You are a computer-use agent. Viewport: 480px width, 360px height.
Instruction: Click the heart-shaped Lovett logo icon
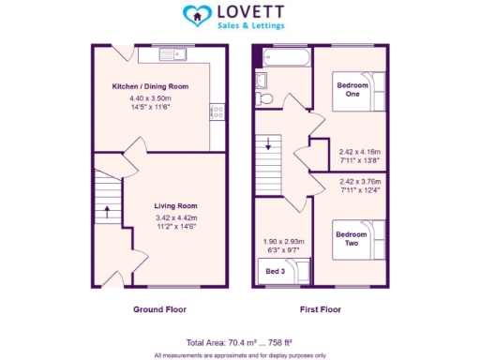pyautogui.click(x=195, y=15)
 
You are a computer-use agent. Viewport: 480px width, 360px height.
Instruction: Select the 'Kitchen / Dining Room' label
pyautogui.click(x=149, y=87)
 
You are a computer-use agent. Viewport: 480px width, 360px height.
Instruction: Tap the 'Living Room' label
pyautogui.click(x=176, y=205)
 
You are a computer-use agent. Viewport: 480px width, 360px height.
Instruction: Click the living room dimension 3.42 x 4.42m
pyautogui.click(x=176, y=217)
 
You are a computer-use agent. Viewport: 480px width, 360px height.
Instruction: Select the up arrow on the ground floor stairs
pyautogui.click(x=109, y=212)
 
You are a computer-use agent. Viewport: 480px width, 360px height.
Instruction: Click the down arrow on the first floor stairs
pyautogui.click(x=268, y=144)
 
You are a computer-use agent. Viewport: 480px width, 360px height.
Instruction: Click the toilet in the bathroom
pyautogui.click(x=265, y=98)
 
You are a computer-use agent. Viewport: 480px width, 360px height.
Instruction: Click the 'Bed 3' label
pyautogui.click(x=276, y=271)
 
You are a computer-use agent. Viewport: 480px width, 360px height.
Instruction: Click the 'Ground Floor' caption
pyautogui.click(x=159, y=309)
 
